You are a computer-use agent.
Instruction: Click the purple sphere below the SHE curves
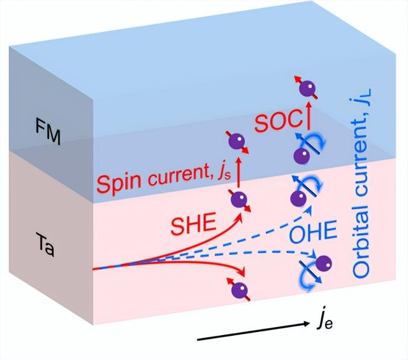pyautogui.click(x=240, y=291)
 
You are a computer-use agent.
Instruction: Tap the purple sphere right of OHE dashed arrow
pyautogui.click(x=323, y=263)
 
